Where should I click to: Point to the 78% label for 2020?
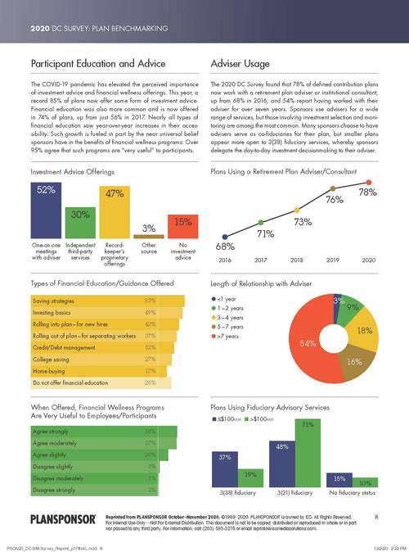click(366, 170)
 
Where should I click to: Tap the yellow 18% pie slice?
click(364, 331)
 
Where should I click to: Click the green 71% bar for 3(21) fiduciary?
click(308, 458)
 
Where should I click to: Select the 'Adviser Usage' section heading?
click(239, 62)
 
